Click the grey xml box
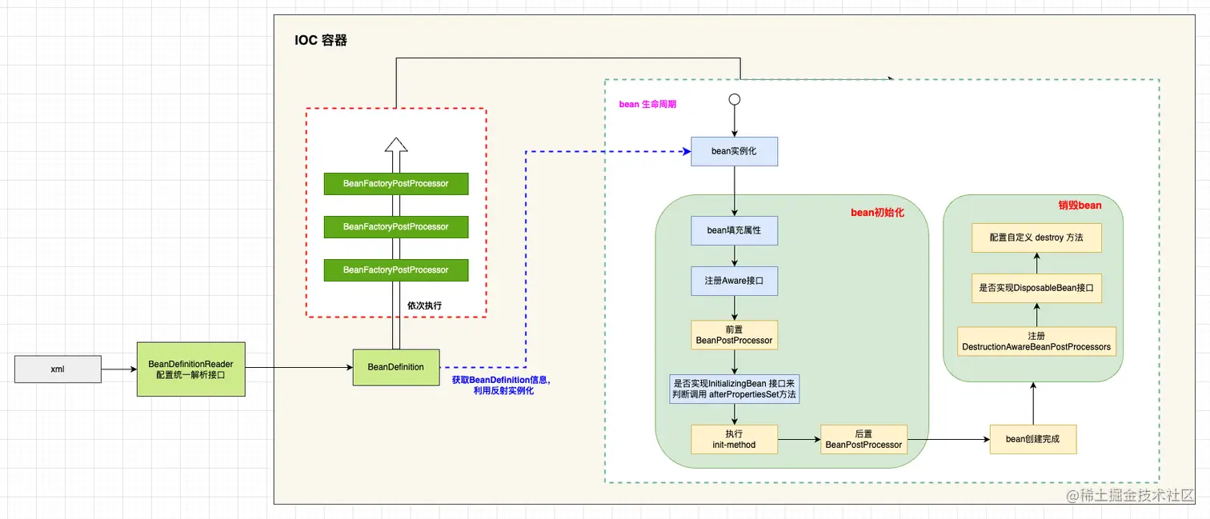(58, 369)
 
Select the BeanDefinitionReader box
(190, 369)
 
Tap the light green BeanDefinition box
(395, 367)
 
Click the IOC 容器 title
(321, 40)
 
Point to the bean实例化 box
(734, 150)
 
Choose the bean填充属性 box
(734, 230)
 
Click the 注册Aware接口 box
(734, 281)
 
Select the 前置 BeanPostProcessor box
(734, 335)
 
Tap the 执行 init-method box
(734, 439)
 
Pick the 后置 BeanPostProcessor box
(863, 439)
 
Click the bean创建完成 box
(1032, 439)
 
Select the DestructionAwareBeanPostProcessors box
(1036, 341)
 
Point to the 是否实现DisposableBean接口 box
(1036, 288)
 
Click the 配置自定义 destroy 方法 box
(1036, 238)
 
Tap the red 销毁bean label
(1080, 206)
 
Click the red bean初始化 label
(877, 213)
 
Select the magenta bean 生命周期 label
(647, 104)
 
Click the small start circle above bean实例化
(734, 100)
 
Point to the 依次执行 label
(424, 305)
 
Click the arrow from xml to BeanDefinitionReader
(119, 369)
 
